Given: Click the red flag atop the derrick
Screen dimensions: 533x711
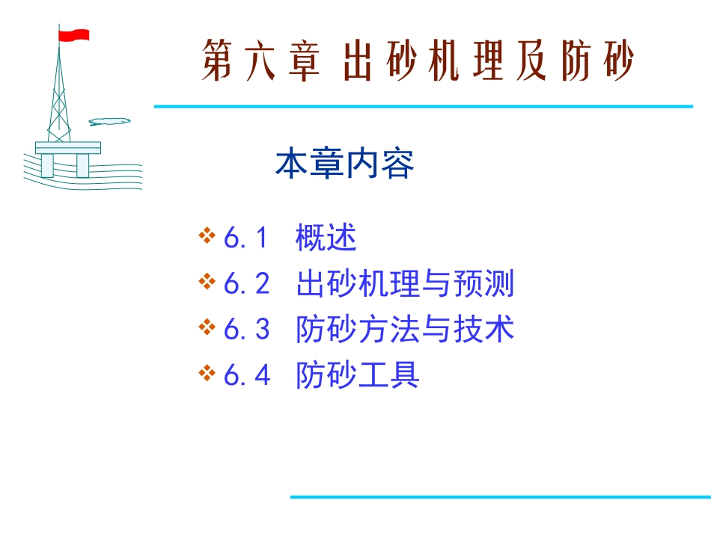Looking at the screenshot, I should pos(73,34).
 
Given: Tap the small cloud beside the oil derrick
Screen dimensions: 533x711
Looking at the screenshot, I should pos(109,121).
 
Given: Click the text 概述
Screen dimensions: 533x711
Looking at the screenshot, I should pos(326,238).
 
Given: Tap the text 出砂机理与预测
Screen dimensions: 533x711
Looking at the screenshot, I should pos(405,284).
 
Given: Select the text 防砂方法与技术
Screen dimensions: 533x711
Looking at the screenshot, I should pos(405,330).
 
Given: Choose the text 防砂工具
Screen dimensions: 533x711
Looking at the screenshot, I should pos(358,375).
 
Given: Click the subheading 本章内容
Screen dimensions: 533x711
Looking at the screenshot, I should pos(345,164).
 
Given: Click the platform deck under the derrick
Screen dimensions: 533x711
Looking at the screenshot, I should pos(67,147).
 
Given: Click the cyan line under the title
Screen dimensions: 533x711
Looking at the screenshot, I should pos(423,106).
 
